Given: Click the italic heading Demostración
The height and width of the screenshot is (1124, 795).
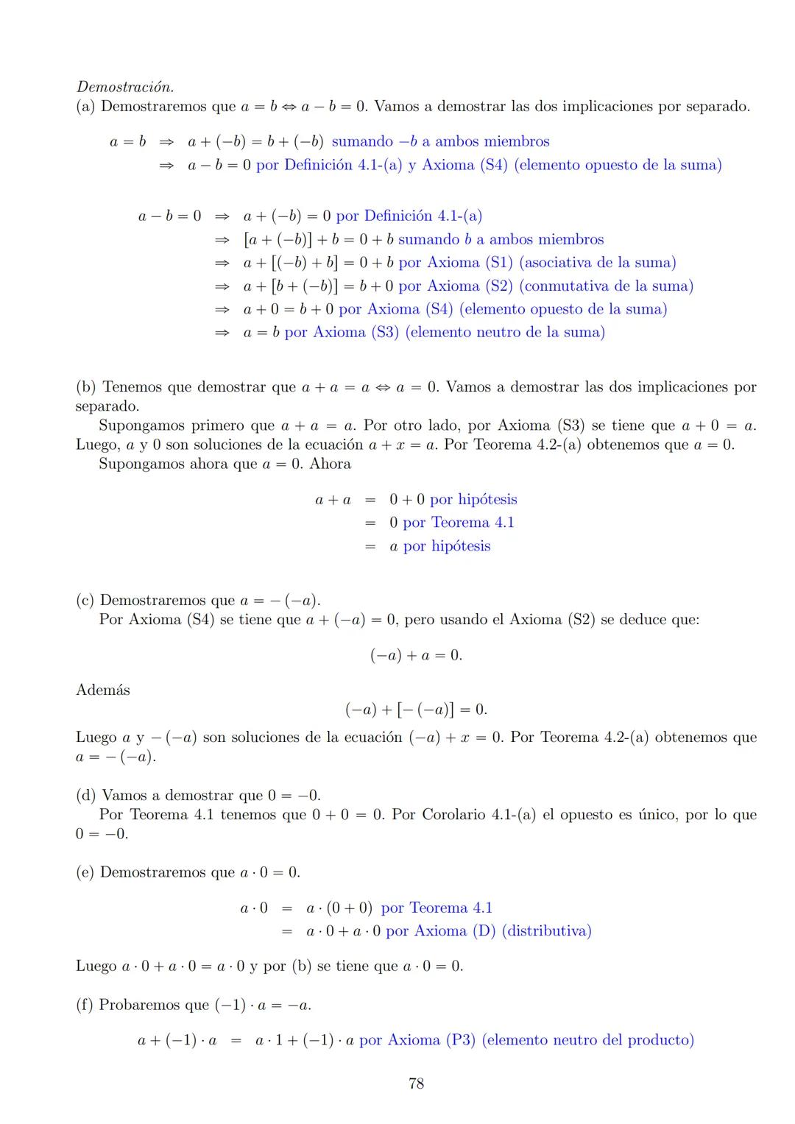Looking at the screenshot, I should [x=125, y=87].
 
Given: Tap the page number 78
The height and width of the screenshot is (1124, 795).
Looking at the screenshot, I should [x=416, y=1083].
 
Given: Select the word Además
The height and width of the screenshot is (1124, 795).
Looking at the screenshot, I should [x=103, y=690].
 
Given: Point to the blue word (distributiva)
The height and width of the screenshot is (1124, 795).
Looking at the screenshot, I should [x=546, y=930].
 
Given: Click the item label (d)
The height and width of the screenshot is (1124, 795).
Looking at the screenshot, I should [x=86, y=795].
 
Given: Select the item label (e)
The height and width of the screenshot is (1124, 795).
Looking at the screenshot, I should [x=85, y=872].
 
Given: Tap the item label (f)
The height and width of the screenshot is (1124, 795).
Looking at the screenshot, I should [x=85, y=1005].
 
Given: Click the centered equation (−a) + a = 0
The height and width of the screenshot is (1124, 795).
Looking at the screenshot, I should [x=416, y=655].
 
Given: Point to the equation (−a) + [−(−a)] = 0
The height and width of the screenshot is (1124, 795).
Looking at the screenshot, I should [x=416, y=710].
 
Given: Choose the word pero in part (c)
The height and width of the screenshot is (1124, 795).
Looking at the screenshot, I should [x=419, y=619].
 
